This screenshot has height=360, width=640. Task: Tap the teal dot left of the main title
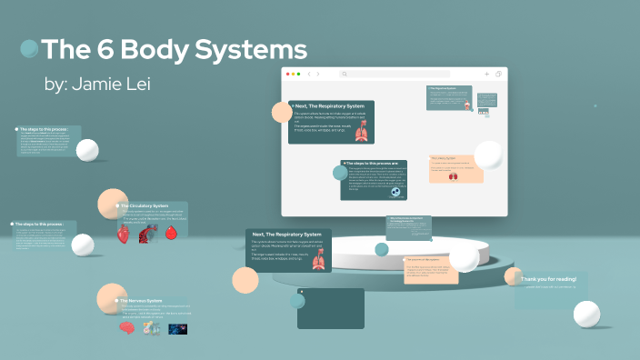pyautogui.click(x=29, y=48)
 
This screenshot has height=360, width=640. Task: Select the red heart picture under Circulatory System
pyautogui.click(x=124, y=234)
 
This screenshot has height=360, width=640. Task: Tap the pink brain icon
pyautogui.click(x=127, y=328)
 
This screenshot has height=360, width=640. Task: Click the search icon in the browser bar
pyautogui.click(x=345, y=74)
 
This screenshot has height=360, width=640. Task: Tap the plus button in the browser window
pyautogui.click(x=486, y=74)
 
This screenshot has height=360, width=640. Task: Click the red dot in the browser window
pyautogui.click(x=287, y=74)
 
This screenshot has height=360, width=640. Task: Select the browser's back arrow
pyautogui.click(x=308, y=74)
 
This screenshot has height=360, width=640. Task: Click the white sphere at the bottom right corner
pyautogui.click(x=586, y=315)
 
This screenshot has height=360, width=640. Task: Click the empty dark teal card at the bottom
pyautogui.click(x=330, y=308)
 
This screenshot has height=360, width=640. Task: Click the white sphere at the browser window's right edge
pyautogui.click(x=488, y=155)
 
